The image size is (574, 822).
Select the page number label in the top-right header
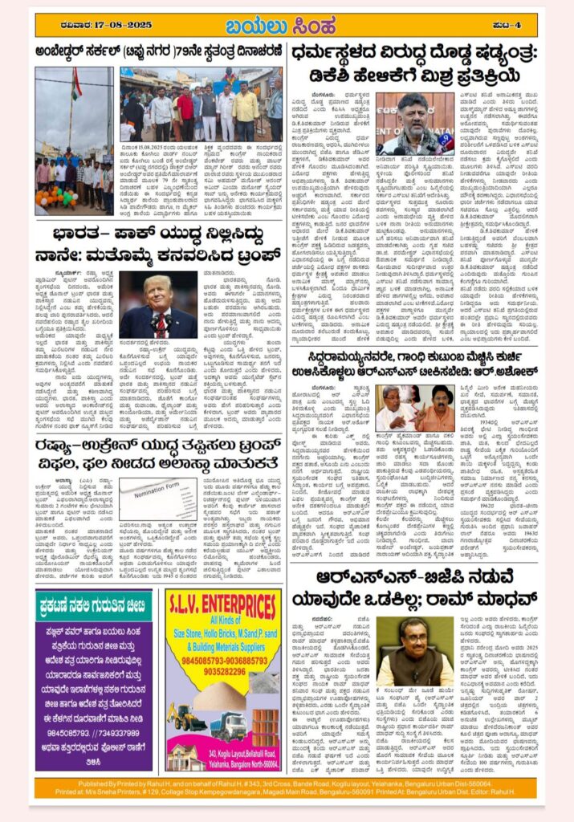tap(522, 24)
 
